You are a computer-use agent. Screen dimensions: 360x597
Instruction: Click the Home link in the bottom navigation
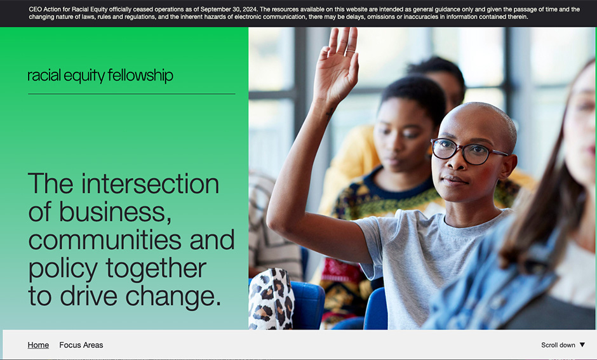(x=38, y=345)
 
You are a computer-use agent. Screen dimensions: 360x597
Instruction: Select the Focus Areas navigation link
(x=81, y=345)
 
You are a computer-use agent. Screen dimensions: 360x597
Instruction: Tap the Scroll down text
(x=558, y=345)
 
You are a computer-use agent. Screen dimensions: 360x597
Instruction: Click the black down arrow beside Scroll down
(x=582, y=345)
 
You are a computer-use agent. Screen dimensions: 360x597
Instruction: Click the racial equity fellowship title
(x=100, y=76)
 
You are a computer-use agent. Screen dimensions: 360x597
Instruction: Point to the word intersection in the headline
(x=150, y=184)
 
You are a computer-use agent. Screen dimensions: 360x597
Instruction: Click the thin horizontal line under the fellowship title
(x=131, y=94)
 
